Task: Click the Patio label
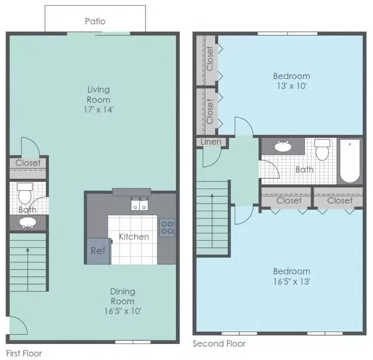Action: [x=95, y=21]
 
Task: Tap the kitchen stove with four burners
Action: [x=167, y=228]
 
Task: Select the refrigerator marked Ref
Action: [x=99, y=251]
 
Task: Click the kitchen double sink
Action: [x=139, y=205]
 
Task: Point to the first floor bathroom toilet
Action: [x=25, y=193]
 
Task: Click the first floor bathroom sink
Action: [x=28, y=223]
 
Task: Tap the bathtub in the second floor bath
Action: [x=350, y=161]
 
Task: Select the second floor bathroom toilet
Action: [x=322, y=150]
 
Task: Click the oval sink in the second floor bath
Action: [x=283, y=146]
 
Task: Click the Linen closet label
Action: [x=211, y=142]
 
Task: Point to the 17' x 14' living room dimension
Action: [x=99, y=110]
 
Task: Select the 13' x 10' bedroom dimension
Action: [x=291, y=86]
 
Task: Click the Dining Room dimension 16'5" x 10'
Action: [x=123, y=311]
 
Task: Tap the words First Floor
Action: [x=24, y=353]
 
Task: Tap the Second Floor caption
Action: [x=219, y=344]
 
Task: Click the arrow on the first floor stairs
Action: [x=28, y=270]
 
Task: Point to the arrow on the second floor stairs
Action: [x=212, y=221]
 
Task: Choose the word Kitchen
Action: [x=134, y=237]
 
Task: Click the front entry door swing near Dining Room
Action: [x=19, y=325]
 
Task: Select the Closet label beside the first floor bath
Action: [x=28, y=163]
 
